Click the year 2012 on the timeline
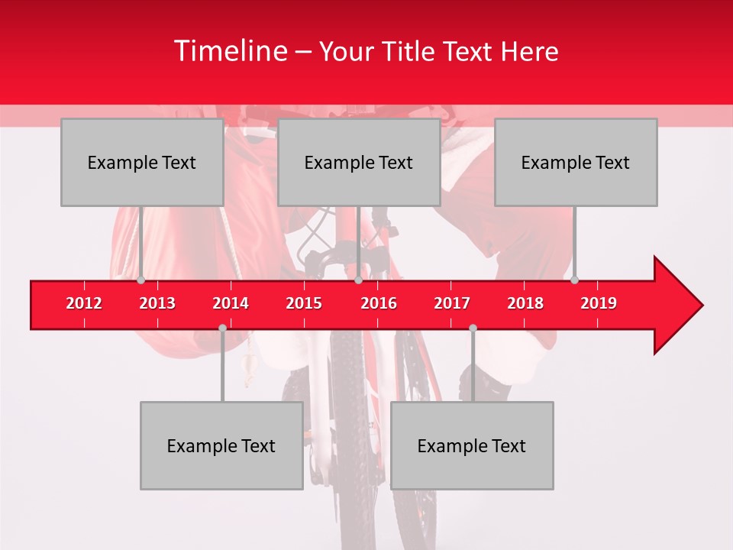[x=84, y=303]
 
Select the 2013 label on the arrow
[x=157, y=303]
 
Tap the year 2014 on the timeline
[x=231, y=303]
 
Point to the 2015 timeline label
[x=304, y=303]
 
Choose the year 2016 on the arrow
[x=379, y=303]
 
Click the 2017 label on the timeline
[x=452, y=303]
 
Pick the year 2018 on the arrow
[x=525, y=303]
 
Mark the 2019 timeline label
[x=599, y=303]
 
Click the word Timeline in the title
[x=229, y=51]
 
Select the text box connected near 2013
[x=142, y=162]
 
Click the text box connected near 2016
[x=359, y=162]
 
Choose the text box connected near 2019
[x=576, y=162]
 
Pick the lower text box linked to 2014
[x=221, y=445]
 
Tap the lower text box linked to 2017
[x=472, y=445]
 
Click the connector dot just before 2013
[x=141, y=280]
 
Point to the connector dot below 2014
[x=222, y=328]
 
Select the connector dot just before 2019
[x=574, y=280]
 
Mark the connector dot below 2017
[x=473, y=328]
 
